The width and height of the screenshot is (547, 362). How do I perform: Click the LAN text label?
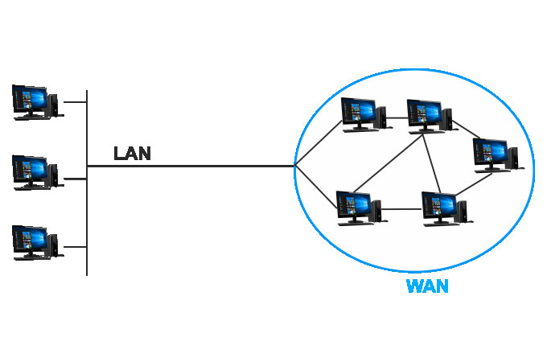132,153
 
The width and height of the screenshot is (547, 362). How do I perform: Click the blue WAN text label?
427,286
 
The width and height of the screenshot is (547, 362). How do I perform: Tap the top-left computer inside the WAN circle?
363,114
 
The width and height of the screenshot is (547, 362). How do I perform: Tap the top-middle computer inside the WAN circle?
429,115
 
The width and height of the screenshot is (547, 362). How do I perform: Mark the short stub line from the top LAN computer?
75,102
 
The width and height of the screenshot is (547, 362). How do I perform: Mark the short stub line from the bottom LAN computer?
75,247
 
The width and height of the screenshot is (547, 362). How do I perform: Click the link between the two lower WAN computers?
402,211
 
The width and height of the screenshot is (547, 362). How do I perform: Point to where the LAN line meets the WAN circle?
295,167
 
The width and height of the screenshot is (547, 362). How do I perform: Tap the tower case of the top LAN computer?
53,105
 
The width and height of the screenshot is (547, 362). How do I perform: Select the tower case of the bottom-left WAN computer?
376,211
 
